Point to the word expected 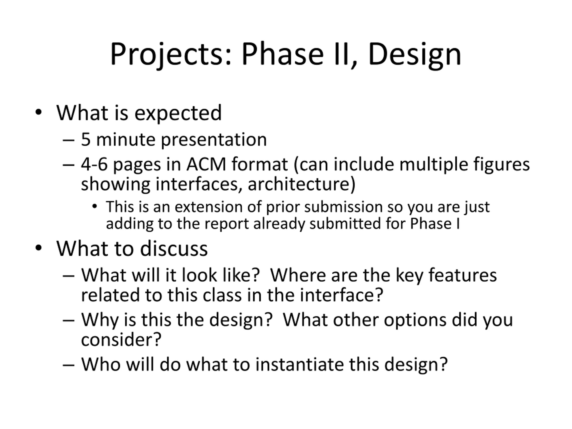178,114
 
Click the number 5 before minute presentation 86,139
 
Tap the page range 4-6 94,164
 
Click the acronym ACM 206,164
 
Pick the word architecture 301,184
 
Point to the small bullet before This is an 95,206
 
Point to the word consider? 121,340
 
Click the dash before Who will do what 69,365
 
